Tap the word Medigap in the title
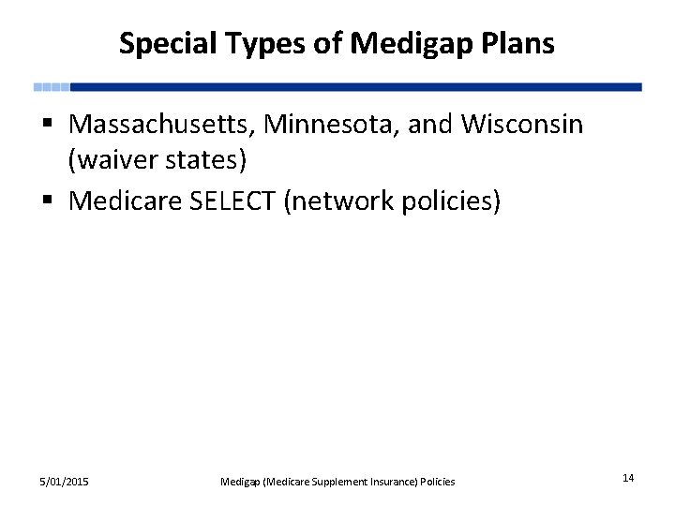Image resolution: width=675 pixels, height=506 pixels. [397, 43]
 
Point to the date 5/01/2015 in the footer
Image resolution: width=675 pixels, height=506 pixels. [64, 481]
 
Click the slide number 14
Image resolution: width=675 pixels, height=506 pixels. [628, 479]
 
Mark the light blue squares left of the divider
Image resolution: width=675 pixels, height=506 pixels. [52, 87]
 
